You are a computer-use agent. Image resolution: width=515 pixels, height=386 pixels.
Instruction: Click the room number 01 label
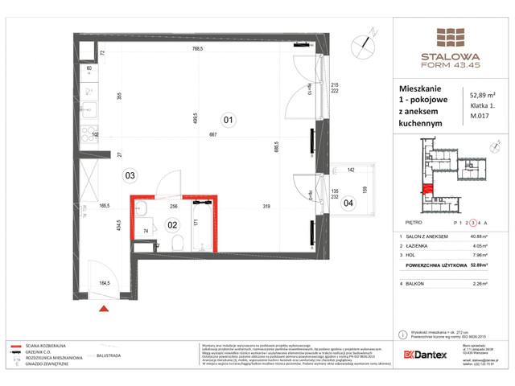click(228, 121)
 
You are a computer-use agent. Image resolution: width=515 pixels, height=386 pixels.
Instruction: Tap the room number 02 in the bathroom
click(171, 225)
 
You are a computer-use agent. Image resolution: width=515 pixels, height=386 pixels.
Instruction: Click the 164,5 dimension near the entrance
click(105, 283)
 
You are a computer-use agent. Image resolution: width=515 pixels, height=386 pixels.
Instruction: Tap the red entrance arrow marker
click(102, 308)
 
